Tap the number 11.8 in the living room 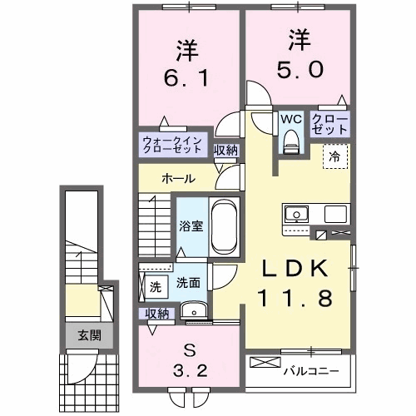[290, 299]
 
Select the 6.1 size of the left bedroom [187, 80]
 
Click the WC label [290, 119]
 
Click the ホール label [179, 179]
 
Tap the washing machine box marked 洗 [155, 286]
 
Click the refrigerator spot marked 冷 [334, 154]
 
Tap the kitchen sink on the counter [296, 215]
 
